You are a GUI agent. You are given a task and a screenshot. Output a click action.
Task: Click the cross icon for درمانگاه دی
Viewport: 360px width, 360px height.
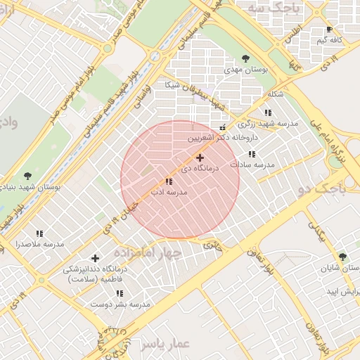[x=200, y=158]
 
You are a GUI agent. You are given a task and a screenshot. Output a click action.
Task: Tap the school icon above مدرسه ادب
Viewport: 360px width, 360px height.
[x=169, y=181]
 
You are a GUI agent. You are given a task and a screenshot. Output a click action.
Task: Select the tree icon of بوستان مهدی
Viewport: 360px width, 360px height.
[x=245, y=58]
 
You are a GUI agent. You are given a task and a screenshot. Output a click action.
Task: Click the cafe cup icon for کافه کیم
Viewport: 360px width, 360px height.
[x=329, y=30]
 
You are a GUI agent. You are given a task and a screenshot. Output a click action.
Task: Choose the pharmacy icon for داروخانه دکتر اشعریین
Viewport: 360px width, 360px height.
[x=223, y=128]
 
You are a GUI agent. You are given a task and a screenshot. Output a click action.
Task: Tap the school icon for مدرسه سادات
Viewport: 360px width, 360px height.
[x=252, y=154]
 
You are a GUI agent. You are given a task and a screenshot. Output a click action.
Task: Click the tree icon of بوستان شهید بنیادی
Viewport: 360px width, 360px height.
[x=27, y=176]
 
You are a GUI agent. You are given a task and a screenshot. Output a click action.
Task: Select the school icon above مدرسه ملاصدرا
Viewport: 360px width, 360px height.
[x=39, y=233]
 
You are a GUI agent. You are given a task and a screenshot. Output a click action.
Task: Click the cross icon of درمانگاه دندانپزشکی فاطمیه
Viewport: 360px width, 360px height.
[x=95, y=258]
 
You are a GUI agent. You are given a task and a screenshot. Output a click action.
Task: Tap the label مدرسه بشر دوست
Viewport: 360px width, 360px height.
[x=120, y=304]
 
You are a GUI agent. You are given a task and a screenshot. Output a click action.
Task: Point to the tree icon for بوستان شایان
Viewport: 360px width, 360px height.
[x=342, y=257]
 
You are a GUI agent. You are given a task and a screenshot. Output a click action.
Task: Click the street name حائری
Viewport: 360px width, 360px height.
[x=211, y=245]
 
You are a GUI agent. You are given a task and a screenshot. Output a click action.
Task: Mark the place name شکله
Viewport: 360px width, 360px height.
[x=276, y=95]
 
